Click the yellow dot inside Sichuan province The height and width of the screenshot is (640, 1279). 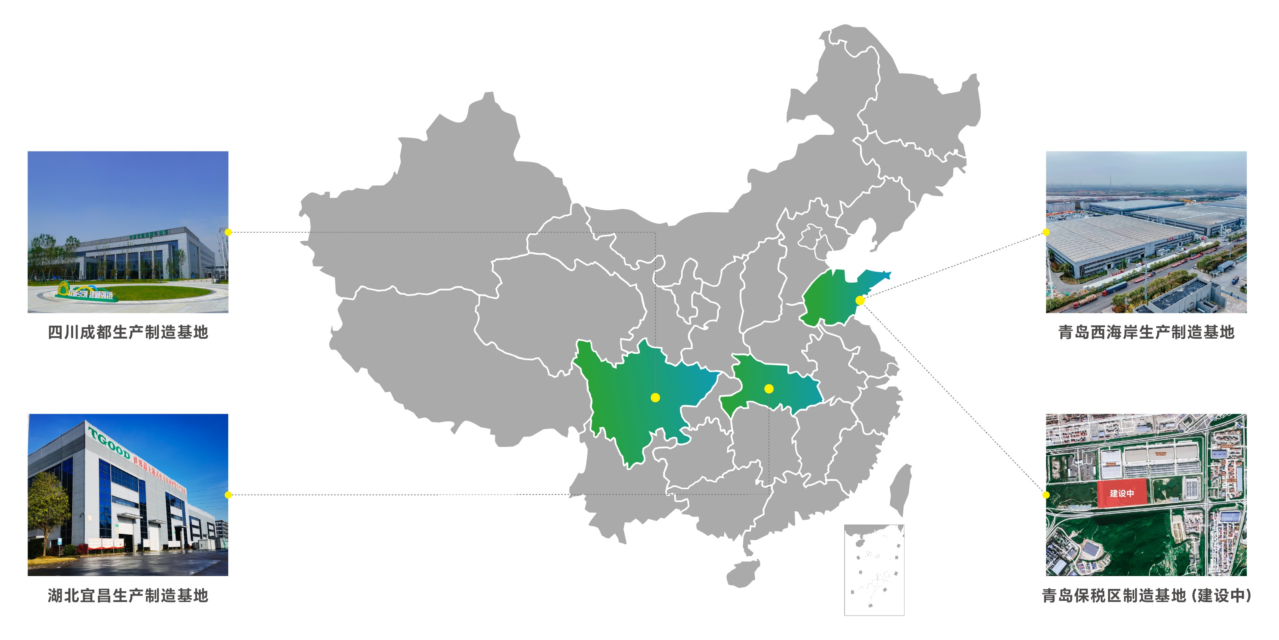pyautogui.click(x=655, y=397)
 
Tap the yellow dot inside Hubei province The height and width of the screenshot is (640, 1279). pyautogui.click(x=769, y=389)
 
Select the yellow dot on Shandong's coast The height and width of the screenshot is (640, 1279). pyautogui.click(x=860, y=300)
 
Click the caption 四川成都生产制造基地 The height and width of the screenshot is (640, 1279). pyautogui.click(x=128, y=332)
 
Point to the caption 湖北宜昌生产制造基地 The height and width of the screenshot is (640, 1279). pyautogui.click(x=128, y=595)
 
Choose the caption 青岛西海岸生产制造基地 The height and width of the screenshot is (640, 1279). pyautogui.click(x=1146, y=332)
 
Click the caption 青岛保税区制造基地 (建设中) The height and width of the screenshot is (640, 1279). pyautogui.click(x=1146, y=595)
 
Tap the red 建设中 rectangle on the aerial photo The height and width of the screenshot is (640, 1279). pyautogui.click(x=1122, y=493)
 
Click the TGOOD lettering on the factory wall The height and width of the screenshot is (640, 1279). pyautogui.click(x=109, y=442)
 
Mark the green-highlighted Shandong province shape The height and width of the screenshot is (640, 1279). pyautogui.click(x=829, y=298)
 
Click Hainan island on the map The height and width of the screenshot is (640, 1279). pyautogui.click(x=743, y=574)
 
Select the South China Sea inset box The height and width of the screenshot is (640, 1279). pyautogui.click(x=874, y=570)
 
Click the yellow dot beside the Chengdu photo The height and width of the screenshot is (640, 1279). pyautogui.click(x=228, y=232)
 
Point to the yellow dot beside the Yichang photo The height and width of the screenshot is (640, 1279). pyautogui.click(x=228, y=494)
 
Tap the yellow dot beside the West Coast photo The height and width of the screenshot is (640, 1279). pyautogui.click(x=1046, y=232)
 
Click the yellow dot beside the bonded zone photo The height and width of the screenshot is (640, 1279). pyautogui.click(x=1046, y=494)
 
